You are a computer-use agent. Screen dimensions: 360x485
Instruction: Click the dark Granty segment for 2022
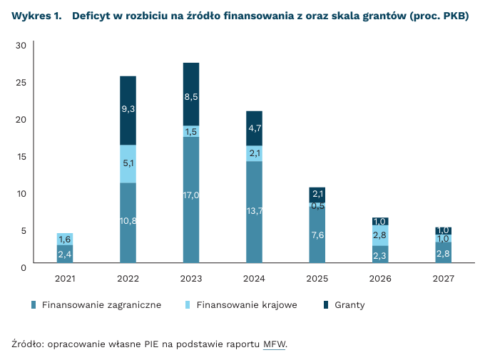click(128, 110)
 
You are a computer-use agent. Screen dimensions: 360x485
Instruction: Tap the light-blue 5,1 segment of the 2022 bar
click(128, 164)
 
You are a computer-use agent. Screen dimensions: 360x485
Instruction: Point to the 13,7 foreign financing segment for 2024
click(254, 211)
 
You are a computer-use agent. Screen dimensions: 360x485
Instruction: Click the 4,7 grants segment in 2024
click(254, 129)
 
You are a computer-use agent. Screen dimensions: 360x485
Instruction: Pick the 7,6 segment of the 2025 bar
click(317, 235)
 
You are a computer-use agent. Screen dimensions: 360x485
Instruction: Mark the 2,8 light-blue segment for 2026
click(380, 235)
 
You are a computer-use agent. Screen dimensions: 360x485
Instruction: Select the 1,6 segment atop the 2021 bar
click(65, 239)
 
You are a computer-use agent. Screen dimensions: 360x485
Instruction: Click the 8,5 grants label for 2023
click(191, 96)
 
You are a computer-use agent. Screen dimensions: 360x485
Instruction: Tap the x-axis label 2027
click(443, 278)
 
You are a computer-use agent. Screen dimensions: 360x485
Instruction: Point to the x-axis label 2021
click(65, 278)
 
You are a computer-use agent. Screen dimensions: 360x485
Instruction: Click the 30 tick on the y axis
click(21, 46)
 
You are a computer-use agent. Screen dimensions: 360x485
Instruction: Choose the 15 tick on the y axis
click(21, 156)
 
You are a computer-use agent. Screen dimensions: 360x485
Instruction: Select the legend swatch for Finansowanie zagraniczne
click(34, 305)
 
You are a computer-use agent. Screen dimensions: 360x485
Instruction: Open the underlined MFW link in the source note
click(274, 344)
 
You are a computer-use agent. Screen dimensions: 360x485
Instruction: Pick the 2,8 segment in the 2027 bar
click(443, 254)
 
